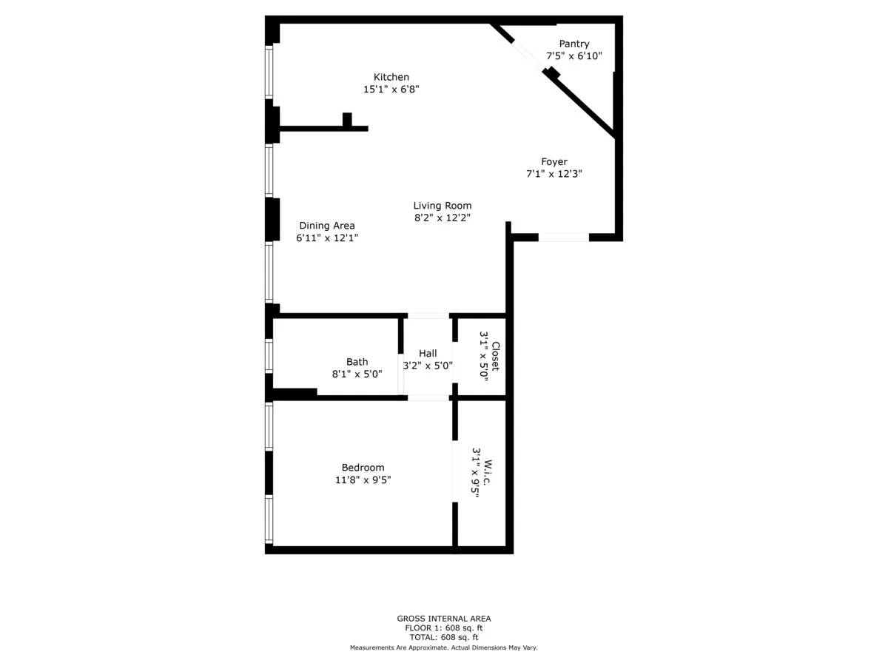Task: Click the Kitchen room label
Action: coord(391,77)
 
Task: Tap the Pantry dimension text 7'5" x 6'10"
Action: coord(574,56)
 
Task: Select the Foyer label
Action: coord(554,162)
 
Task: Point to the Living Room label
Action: coord(442,206)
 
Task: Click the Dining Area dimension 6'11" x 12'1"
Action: coord(327,238)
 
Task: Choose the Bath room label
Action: coord(357,362)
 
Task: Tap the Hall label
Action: coord(428,353)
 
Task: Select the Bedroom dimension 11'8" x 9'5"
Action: coord(363,480)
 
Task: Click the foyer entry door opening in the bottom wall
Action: coord(563,238)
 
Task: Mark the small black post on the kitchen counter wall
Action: coord(347,119)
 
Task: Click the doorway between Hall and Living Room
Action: coord(428,316)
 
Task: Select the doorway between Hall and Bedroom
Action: coord(428,398)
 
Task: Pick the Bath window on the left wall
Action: coord(269,355)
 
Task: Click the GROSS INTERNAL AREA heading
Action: coord(443,619)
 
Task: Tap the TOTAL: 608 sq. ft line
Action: coord(443,637)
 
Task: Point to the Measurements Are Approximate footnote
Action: coord(443,647)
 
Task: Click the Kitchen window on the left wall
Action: coord(269,72)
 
